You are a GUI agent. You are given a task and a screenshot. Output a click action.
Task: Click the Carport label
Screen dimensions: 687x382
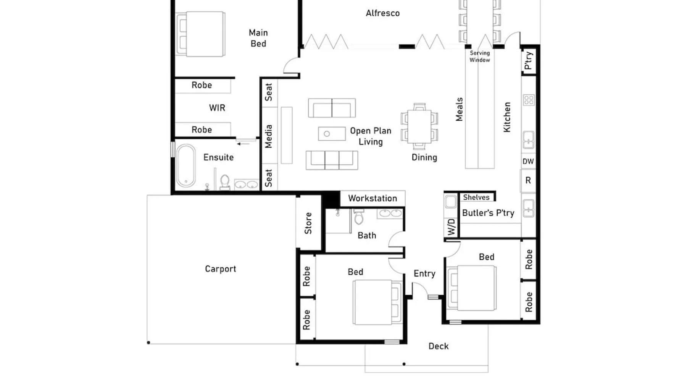pos(220,269)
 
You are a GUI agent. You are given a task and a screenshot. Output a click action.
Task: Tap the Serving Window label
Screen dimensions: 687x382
pos(480,57)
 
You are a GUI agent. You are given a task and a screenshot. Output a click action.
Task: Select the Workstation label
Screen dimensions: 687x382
pos(373,198)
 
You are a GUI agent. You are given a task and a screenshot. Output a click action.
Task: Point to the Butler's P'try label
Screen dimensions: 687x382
pos(488,213)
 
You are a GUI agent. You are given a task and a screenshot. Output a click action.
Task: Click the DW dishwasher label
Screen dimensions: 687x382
pos(528,161)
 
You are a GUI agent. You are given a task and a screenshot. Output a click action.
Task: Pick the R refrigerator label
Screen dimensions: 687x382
pos(528,180)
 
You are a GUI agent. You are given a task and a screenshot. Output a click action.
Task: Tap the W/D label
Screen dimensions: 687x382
pos(451,227)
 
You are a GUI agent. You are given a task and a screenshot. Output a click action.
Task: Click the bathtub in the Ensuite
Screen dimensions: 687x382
pos(186,165)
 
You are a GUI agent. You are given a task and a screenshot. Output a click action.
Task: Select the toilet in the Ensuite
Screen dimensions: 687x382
pos(225,182)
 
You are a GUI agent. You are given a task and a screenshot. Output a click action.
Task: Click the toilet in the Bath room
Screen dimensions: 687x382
pos(359,217)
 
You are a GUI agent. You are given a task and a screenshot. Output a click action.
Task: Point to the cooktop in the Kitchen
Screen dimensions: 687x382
pos(529,100)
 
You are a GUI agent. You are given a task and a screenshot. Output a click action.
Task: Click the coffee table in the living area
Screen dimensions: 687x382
pos(332,134)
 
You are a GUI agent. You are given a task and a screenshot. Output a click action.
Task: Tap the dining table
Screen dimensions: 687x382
pos(419,126)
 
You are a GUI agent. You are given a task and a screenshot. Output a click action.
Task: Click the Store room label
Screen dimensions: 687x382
pos(308,223)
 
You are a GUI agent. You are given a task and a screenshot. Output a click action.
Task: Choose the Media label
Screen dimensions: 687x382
pos(268,136)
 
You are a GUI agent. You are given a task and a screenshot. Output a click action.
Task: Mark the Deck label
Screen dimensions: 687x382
pos(439,346)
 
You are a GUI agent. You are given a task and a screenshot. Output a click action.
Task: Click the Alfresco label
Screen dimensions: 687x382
pos(383,13)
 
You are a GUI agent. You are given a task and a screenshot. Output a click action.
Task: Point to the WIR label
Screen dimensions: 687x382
pos(217,108)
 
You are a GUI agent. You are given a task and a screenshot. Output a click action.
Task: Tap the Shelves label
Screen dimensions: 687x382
pos(476,197)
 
